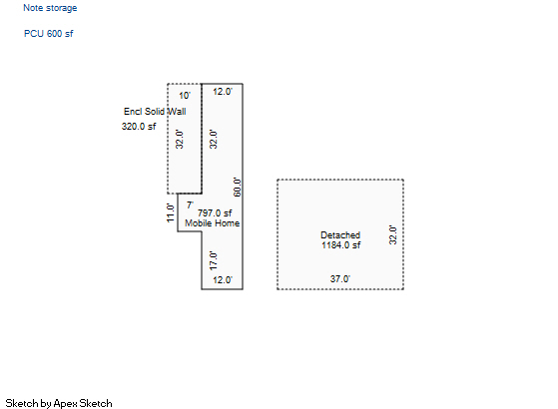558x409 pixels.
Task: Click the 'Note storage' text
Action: [x=50, y=8]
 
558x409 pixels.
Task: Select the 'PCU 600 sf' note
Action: [x=48, y=34]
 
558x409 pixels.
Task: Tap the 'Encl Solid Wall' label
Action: [x=155, y=112]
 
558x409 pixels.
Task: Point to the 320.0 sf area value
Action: [x=139, y=127]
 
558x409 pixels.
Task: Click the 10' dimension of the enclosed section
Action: [x=185, y=96]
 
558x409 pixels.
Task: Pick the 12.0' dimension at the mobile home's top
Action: [x=223, y=92]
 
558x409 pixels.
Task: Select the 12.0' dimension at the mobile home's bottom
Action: [x=223, y=280]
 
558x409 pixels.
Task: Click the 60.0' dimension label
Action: [x=237, y=188]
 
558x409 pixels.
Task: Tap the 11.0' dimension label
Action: [x=171, y=213]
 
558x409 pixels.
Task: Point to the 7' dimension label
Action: [x=190, y=205]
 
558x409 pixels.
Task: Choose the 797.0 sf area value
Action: [x=215, y=213]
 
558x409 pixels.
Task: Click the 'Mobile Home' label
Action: [x=212, y=223]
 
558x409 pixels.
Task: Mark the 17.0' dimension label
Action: [x=213, y=260]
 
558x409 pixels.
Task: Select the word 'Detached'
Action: [x=340, y=235]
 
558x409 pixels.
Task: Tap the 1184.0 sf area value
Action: [x=340, y=245]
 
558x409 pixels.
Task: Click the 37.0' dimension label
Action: [x=339, y=279]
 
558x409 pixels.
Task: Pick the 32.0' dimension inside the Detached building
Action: [x=392, y=234]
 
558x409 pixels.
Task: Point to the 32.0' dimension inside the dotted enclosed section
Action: [x=180, y=139]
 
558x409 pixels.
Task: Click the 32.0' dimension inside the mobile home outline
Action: [x=213, y=139]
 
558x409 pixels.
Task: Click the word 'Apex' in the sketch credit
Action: [x=66, y=404]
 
